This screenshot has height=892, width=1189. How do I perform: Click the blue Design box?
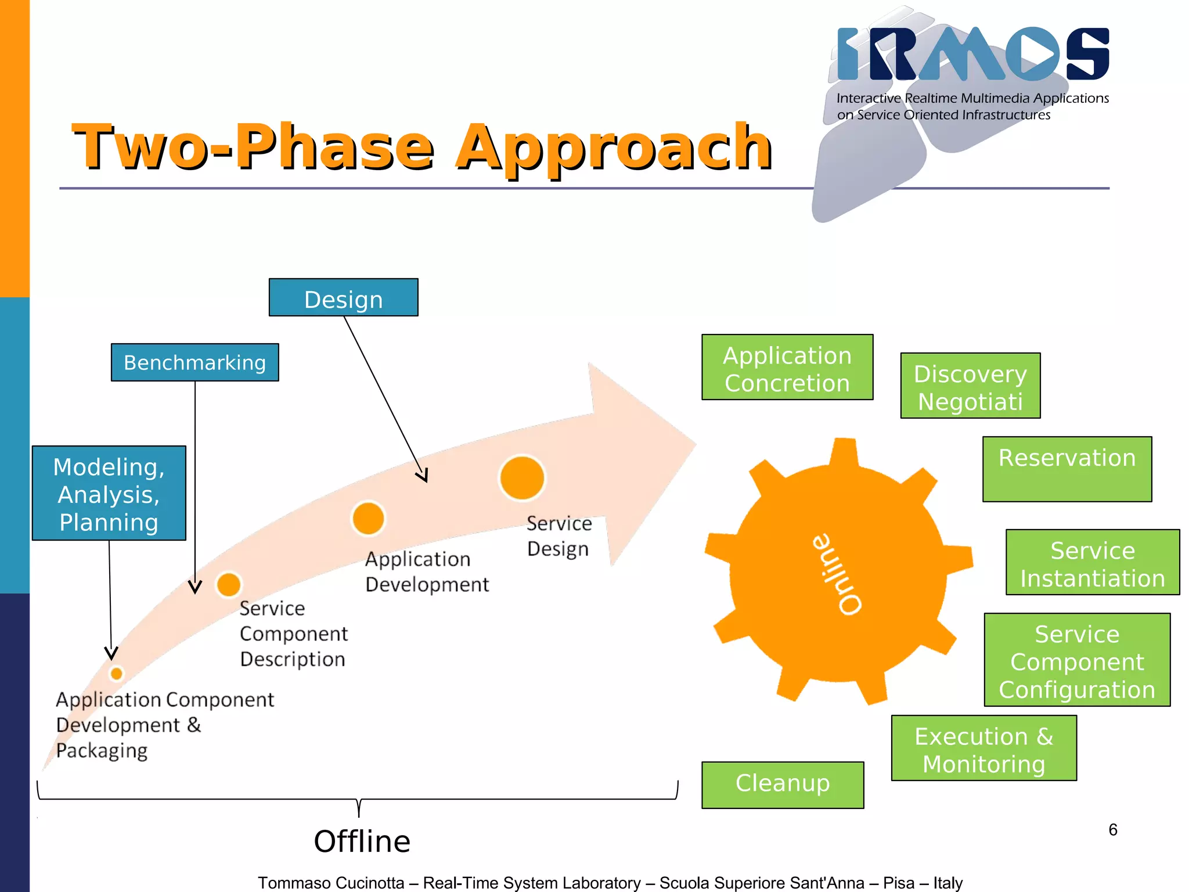343,298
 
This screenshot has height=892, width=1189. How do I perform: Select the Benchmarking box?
194,362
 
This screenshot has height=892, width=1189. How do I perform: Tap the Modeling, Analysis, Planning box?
109,494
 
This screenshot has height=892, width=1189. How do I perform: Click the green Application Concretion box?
787,368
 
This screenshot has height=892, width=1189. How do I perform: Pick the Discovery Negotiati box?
970,386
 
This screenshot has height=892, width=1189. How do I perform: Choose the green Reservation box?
1067,469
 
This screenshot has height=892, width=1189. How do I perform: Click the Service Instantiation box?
1092,563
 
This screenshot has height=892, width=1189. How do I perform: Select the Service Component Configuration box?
1076,660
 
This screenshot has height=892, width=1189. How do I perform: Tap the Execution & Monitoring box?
983,749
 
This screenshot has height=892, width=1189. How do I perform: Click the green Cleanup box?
782,785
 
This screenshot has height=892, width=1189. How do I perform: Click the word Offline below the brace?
362,841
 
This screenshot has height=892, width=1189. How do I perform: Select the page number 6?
1112,829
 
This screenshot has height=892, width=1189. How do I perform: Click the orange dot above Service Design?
522,478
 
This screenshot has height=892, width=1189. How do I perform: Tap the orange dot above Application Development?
368,518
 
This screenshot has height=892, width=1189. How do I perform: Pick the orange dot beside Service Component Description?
229,584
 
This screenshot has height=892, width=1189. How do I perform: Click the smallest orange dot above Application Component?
116,674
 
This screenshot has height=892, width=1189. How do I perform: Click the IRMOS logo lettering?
973,54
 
